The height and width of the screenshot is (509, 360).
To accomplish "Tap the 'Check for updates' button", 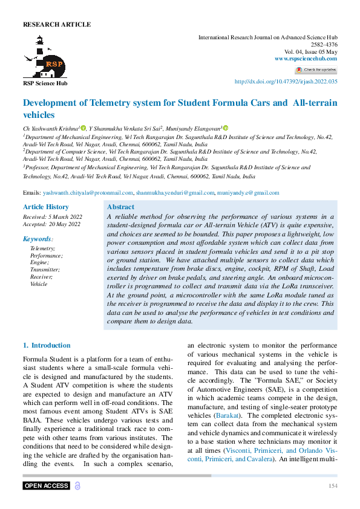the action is [x=316, y=70].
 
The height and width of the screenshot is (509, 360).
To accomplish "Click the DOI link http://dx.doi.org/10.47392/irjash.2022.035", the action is [x=286, y=82].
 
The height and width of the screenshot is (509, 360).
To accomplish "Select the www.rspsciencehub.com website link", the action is [x=306, y=58].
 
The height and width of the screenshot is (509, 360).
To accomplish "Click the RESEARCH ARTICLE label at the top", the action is [x=57, y=25].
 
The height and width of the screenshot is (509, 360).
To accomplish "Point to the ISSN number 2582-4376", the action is [x=324, y=44].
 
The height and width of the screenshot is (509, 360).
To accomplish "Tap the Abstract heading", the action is [x=120, y=207].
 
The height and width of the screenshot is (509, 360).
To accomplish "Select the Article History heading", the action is [x=45, y=207].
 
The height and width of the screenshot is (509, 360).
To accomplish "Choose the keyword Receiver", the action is [x=42, y=276].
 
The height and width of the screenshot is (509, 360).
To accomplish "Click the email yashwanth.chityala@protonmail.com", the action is [x=88, y=193].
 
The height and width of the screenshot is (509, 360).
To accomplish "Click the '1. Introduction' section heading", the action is [x=47, y=346].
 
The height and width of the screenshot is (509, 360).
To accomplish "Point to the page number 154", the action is [x=333, y=486].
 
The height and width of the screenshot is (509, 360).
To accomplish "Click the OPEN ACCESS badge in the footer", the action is [x=46, y=486].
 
